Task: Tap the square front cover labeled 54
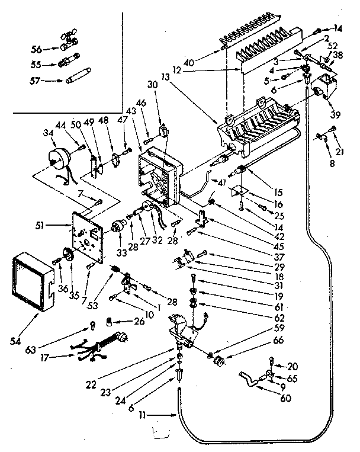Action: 33,278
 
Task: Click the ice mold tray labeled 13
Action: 255,127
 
